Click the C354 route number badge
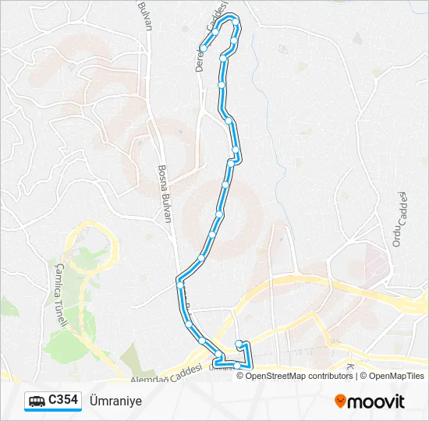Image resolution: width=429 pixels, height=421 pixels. (52, 401)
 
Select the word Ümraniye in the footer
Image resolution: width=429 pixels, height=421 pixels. (116, 401)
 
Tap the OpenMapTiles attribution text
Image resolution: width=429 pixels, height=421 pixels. (397, 376)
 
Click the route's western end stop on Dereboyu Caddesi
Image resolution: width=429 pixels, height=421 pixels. (203, 48)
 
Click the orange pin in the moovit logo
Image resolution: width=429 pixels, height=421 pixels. (341, 402)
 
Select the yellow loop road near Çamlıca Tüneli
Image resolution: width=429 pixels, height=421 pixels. (97, 234)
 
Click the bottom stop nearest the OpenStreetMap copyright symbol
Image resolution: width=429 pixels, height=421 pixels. (237, 365)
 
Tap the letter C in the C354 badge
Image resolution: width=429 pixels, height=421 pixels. (51, 401)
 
